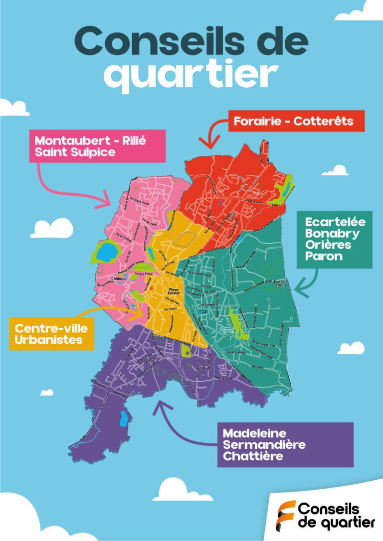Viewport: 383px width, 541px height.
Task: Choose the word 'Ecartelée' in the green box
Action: coord(335,222)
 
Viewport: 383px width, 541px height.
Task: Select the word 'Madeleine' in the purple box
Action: coord(255,433)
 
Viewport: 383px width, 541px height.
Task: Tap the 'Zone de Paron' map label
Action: coord(281,283)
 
